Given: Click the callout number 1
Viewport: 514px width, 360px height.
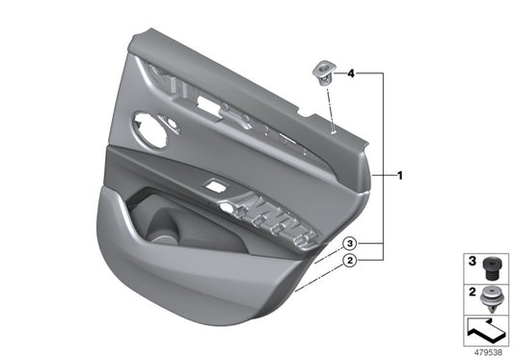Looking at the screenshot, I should pyautogui.click(x=400, y=176).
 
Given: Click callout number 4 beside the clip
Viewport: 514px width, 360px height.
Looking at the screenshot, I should pyautogui.click(x=351, y=73).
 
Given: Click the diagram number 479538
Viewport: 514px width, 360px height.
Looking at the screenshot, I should pyautogui.click(x=486, y=351).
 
